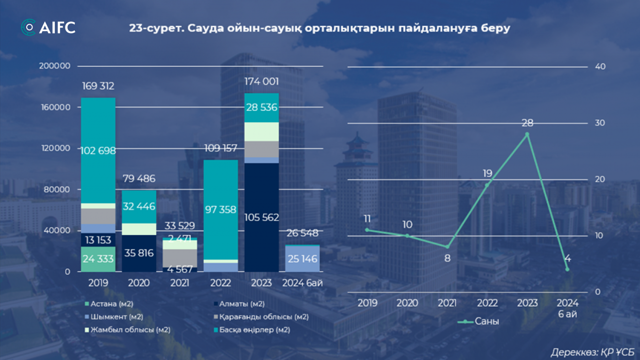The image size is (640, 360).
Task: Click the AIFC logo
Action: click(x=48, y=27)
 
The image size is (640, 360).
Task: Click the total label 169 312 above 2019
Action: click(x=98, y=86)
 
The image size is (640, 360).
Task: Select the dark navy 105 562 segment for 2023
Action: click(x=261, y=217)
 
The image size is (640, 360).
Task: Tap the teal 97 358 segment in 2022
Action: click(x=220, y=209)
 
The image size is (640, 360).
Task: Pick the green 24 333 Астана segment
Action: click(x=98, y=259)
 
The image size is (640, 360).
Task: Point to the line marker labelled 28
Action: click(x=528, y=134)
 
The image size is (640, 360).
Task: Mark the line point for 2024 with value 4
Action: click(x=567, y=269)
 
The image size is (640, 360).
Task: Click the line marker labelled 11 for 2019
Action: click(x=367, y=230)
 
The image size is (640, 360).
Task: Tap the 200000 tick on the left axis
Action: click(x=54, y=66)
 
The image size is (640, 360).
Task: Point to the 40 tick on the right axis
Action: click(x=600, y=66)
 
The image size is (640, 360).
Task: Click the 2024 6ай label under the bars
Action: click(x=303, y=283)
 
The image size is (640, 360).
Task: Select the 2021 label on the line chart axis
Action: click(x=447, y=303)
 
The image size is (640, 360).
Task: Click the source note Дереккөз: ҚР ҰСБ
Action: click(x=592, y=352)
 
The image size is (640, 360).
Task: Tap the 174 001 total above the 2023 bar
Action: click(x=261, y=82)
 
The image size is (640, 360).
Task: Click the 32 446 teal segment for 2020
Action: click(x=139, y=206)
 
